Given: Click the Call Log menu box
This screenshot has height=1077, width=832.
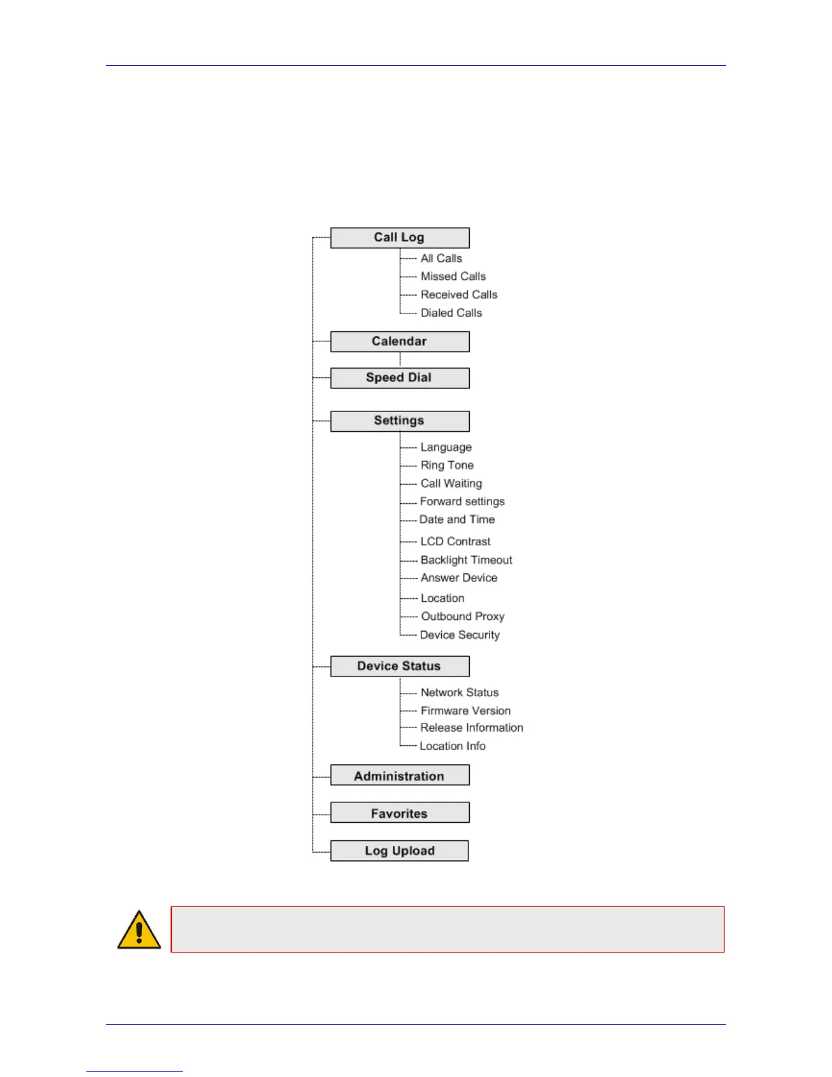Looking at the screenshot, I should tap(400, 238).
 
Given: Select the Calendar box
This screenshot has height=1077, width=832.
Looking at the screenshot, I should tap(400, 341).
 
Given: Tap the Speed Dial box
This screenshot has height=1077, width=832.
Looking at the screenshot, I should tap(400, 378).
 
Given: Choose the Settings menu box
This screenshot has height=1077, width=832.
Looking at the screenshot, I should tap(400, 421).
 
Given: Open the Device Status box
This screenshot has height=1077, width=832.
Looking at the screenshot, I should tap(400, 666).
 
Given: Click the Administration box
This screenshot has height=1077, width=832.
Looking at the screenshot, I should tap(400, 776).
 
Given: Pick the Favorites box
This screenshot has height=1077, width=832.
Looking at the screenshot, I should tap(400, 813).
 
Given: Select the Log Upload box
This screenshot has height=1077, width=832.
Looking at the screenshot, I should tap(400, 851).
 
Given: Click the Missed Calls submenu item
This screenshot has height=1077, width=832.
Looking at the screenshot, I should tap(453, 277).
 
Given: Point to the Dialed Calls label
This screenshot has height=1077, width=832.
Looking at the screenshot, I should tap(451, 313).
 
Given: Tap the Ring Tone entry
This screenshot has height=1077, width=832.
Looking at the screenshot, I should tap(447, 465).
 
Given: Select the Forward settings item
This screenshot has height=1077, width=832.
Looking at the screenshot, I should tap(462, 502).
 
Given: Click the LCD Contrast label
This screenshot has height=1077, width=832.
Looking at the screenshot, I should tap(455, 542).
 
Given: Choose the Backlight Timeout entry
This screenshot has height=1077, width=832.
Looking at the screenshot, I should tap(466, 560).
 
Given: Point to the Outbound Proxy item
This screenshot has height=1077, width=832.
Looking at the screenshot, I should tap(463, 617).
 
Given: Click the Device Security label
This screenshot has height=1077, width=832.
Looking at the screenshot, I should tap(460, 635).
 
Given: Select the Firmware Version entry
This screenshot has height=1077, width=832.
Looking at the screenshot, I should tap(466, 711).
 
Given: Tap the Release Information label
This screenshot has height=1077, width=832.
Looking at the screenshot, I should tap(472, 728).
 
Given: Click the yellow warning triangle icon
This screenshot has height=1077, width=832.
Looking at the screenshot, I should tap(139, 930).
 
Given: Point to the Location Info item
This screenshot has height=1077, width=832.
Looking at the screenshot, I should tap(453, 746).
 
